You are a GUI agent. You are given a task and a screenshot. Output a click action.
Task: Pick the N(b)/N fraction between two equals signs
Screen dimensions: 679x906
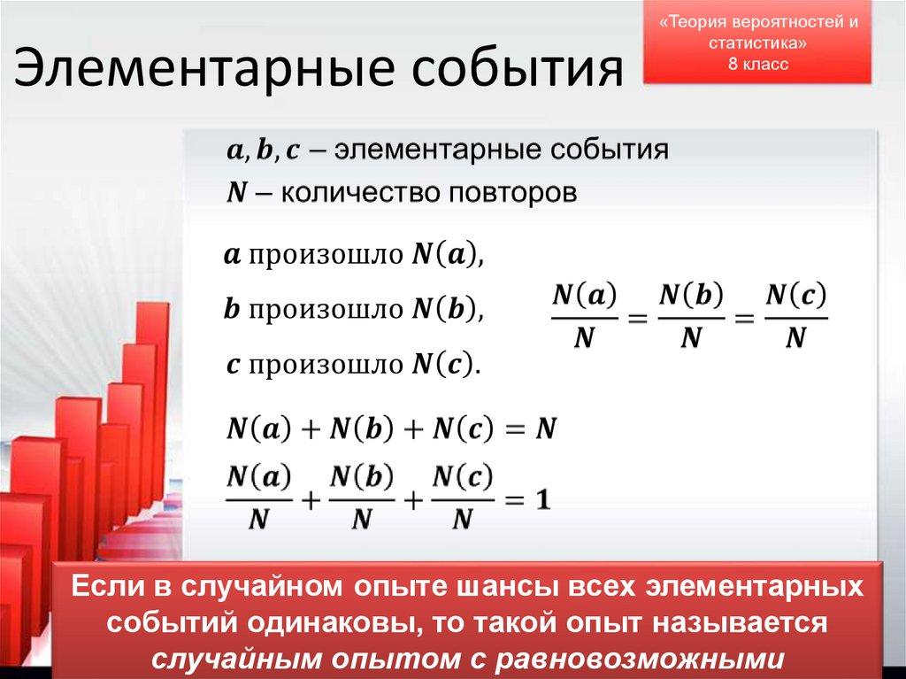pos(692,316)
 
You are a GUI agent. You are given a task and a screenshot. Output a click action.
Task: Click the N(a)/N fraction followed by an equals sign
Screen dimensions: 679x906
pos(585,316)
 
